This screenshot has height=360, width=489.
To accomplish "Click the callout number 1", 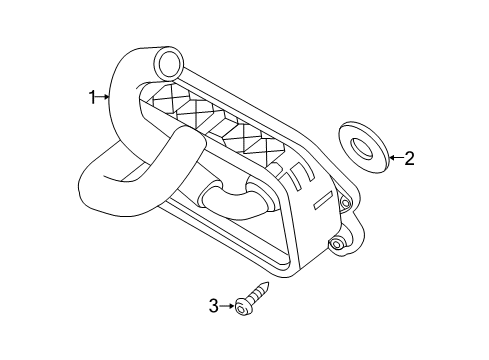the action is [91, 97].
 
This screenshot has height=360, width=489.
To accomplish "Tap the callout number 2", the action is [408, 157].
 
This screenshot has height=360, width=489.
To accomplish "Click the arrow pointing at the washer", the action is [393, 157].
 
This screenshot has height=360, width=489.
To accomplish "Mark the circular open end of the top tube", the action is [167, 66].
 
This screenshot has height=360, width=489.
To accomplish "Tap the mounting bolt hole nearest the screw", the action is [339, 244].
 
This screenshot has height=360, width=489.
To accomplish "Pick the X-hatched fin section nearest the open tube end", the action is [170, 100].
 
